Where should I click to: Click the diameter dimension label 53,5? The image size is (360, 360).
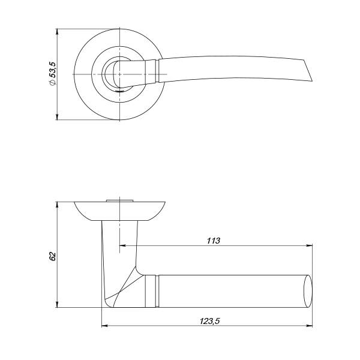(53, 73)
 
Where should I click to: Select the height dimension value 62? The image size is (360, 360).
(53, 256)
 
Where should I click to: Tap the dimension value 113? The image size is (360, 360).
(213, 241)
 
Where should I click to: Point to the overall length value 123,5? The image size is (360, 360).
(209, 321)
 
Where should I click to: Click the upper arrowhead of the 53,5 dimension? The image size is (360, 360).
(58, 32)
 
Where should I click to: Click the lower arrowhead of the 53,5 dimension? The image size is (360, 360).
(58, 117)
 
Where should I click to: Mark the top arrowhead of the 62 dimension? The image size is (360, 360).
(58, 205)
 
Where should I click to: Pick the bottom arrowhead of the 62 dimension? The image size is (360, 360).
(58, 305)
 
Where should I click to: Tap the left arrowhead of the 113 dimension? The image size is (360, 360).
(122, 245)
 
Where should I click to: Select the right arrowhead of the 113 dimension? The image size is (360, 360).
(310, 245)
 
